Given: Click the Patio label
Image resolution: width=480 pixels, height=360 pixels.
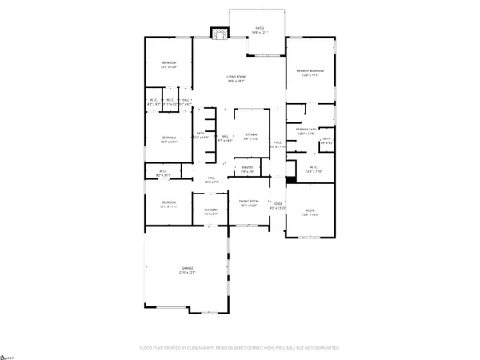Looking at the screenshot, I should point(259,29).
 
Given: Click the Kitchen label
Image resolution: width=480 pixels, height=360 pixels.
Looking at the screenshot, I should point(251,135).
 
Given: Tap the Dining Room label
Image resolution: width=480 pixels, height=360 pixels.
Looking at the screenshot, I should point(250,203).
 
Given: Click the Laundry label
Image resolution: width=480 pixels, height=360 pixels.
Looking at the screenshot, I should point(211,213).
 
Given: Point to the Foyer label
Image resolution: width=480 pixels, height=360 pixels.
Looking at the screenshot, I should point(278,206).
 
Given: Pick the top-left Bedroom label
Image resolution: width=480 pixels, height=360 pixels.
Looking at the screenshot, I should point(169,64).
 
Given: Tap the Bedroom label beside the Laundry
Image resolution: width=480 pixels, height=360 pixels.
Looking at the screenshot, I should point(168,203).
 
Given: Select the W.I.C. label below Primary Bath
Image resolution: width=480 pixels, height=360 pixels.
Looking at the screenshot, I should point(314,168).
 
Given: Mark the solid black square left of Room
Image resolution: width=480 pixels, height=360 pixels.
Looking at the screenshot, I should point(290,179).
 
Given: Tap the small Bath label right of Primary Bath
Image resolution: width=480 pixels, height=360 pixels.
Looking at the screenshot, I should point(326,141).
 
